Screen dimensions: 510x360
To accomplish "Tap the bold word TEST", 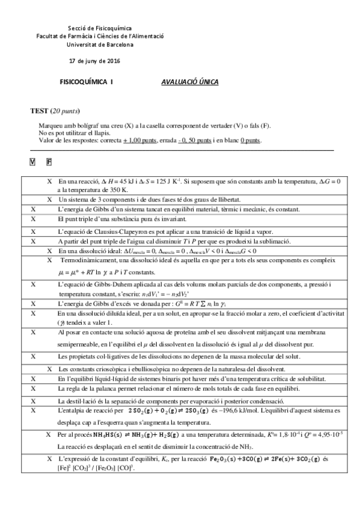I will pyautogui.click(x=39, y=111).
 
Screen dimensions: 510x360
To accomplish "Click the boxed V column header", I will pyautogui.click(x=32, y=162).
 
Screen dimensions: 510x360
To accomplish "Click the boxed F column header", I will pyautogui.click(x=49, y=162).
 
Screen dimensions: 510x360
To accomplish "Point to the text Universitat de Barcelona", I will pyautogui.click(x=93, y=45).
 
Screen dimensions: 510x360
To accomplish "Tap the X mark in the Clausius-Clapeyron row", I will pyautogui.click(x=33, y=232).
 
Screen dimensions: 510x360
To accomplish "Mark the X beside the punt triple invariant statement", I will pyautogui.click(x=33, y=219).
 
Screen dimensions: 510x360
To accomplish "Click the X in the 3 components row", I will pyautogui.click(x=49, y=199).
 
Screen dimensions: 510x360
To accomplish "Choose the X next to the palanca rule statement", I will pyautogui.click(x=33, y=389).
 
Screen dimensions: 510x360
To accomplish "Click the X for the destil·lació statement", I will pyautogui.click(x=33, y=400).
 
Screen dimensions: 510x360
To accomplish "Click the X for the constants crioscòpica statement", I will pyautogui.click(x=49, y=368).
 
